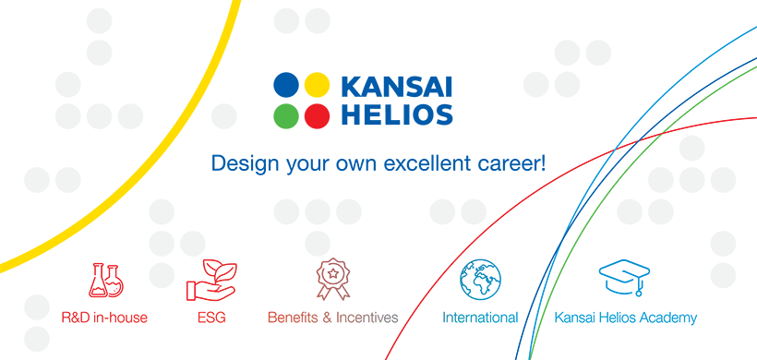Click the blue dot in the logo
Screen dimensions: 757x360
coord(286,85)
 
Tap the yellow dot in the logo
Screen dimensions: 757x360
coord(318,85)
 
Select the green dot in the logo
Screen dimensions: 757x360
coord(286,116)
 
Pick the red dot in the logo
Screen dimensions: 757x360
coord(318,116)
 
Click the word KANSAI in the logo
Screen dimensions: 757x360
coord(397,86)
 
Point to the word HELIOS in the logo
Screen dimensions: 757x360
coord(397,115)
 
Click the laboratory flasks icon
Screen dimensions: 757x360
coord(106,280)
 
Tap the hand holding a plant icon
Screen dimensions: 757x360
coord(211,281)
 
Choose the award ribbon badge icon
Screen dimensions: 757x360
coord(333,279)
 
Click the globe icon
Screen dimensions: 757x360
coord(480,280)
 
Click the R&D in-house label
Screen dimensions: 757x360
coord(104,318)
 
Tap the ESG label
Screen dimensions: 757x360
coord(211,318)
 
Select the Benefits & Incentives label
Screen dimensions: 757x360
coord(333,318)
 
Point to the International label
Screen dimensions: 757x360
coord(480,318)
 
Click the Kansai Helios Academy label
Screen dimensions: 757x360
coord(626,318)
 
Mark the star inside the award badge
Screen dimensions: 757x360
coord(333,273)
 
